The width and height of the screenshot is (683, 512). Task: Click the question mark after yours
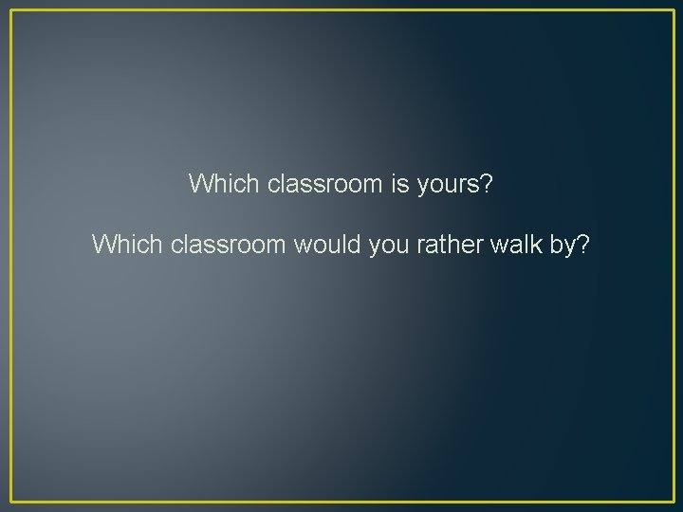pyautogui.click(x=487, y=183)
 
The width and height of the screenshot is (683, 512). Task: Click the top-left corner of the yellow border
pyautogui.click(x=10, y=10)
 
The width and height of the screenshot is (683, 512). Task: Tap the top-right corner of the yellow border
pyautogui.click(x=673, y=10)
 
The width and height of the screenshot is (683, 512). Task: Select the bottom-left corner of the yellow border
pyautogui.click(x=10, y=501)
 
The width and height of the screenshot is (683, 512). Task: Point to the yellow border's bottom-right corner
pyautogui.click(x=673, y=501)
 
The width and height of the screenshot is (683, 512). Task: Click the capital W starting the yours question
pyautogui.click(x=200, y=183)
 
